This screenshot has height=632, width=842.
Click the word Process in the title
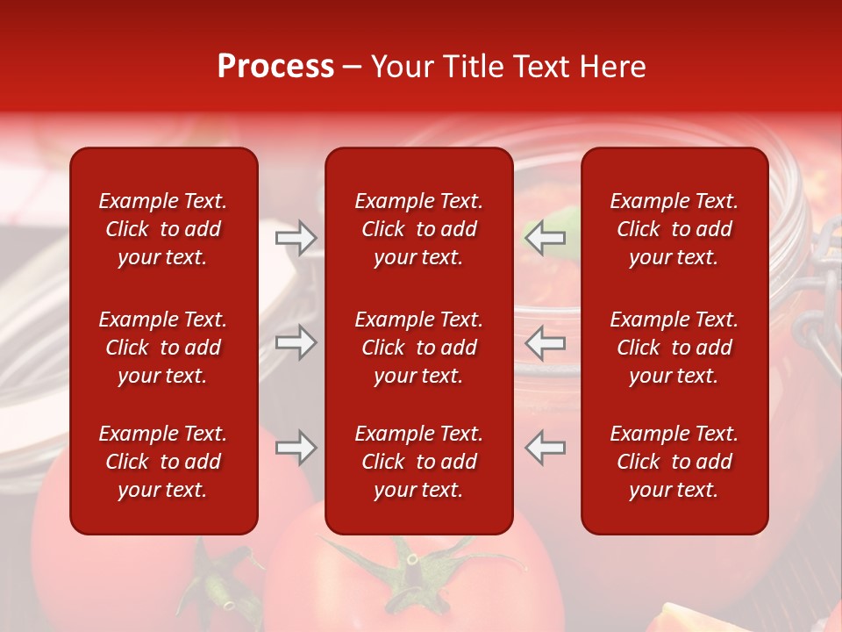[275, 67]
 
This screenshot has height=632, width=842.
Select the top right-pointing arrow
[296, 237]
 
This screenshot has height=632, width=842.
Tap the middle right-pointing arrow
[296, 342]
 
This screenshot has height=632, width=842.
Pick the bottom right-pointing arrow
[296, 448]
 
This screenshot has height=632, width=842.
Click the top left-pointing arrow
[545, 237]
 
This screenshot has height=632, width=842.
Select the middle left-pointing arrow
[545, 342]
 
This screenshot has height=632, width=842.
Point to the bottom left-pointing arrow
[545, 448]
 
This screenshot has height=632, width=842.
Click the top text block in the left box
[163, 229]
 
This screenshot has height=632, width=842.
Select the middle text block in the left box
[163, 348]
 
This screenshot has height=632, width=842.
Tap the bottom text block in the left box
[163, 462]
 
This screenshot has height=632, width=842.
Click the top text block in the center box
[418, 229]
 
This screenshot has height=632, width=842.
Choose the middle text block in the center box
[418, 348]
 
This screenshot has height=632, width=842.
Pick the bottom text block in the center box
[418, 462]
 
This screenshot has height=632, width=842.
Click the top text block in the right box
[674, 229]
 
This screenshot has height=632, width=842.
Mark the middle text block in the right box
[674, 348]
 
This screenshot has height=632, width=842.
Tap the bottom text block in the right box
[674, 462]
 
